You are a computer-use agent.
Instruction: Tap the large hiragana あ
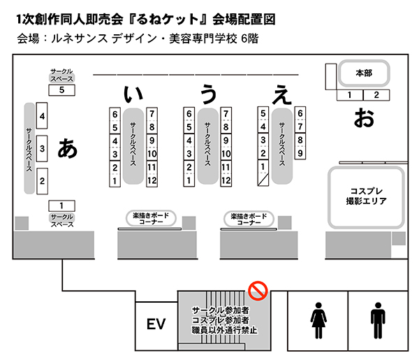(x=68, y=147)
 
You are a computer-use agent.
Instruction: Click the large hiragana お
(x=363, y=117)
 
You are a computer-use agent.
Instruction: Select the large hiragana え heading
(x=282, y=94)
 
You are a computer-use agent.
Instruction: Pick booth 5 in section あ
(x=62, y=89)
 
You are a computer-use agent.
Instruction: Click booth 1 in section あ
(x=62, y=205)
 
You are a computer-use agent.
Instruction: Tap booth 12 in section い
(x=152, y=180)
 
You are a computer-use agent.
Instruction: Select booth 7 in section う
(x=226, y=114)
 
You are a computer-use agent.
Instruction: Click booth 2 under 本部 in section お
(x=376, y=94)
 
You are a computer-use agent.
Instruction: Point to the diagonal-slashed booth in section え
(x=263, y=180)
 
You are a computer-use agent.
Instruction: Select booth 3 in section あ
(x=43, y=149)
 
